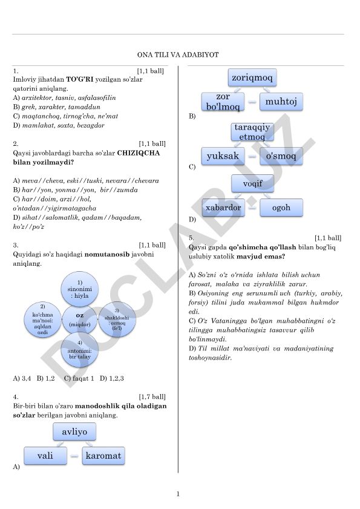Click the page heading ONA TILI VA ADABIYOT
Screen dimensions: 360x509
pos(178,54)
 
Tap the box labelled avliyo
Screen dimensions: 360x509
pos(74,432)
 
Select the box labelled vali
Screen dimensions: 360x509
pos(45,456)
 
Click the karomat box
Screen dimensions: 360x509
pos(103,456)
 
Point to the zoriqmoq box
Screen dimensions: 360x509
pos(252,77)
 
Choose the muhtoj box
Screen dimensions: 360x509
pos(281,102)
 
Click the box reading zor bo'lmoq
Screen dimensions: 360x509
pos(223,102)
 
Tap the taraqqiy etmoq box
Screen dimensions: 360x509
pos(252,132)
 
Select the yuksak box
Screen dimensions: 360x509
pos(223,156)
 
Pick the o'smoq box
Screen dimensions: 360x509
pos(281,156)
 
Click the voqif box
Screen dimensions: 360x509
pos(252,183)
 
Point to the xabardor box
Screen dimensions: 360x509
pos(223,208)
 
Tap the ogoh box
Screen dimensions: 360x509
pos(281,208)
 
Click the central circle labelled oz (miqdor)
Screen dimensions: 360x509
pos(79,320)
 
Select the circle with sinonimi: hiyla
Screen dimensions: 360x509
pos(79,289)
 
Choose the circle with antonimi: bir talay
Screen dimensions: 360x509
pos(79,350)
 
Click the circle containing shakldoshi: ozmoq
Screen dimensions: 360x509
pos(117,320)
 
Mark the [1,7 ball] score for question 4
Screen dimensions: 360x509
pos(152,396)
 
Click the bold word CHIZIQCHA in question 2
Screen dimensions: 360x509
pos(139,153)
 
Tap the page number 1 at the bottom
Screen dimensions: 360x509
pos(178,494)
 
